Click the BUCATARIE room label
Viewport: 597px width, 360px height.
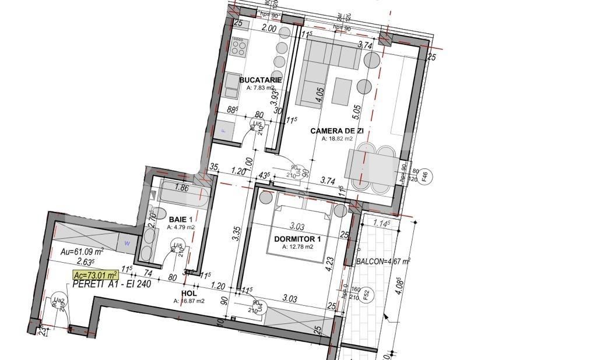click(261, 80)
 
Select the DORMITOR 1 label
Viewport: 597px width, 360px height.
click(297, 239)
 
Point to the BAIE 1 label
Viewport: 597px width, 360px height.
click(180, 220)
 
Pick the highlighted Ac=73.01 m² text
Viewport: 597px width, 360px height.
click(95, 275)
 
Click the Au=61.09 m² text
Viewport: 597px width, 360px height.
click(82, 252)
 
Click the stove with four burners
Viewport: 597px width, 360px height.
click(239, 46)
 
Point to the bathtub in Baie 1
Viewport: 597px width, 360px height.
click(182, 195)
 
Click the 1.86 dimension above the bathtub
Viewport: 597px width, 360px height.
click(181, 188)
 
